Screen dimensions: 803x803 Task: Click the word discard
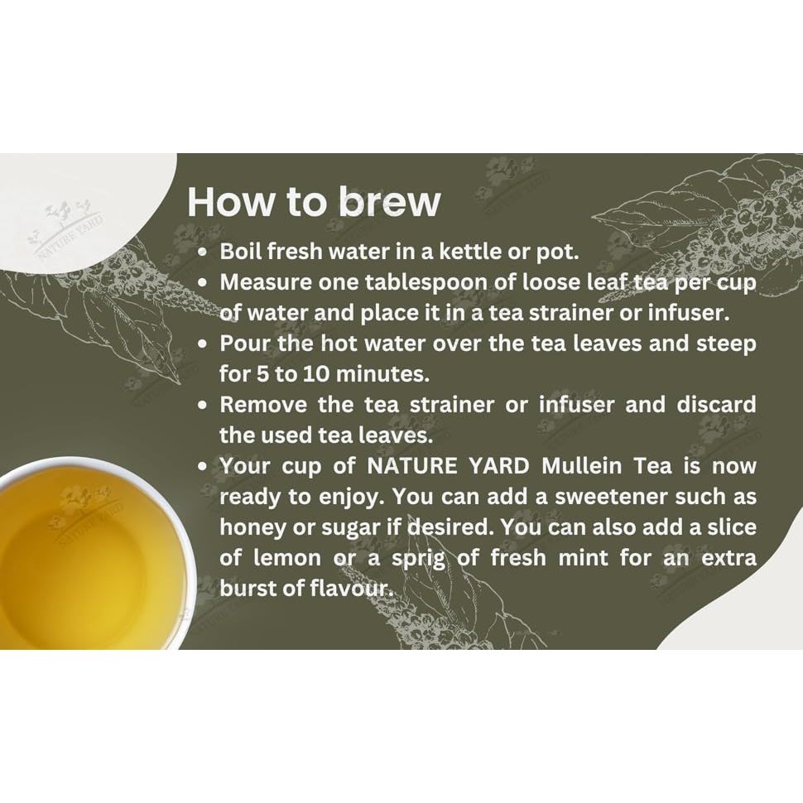pos(716,405)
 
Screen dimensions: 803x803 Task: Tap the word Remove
pos(263,405)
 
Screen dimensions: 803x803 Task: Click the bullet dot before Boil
pos(204,252)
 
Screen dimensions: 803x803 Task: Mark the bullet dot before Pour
pos(204,344)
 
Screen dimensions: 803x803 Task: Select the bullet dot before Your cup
pos(204,467)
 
